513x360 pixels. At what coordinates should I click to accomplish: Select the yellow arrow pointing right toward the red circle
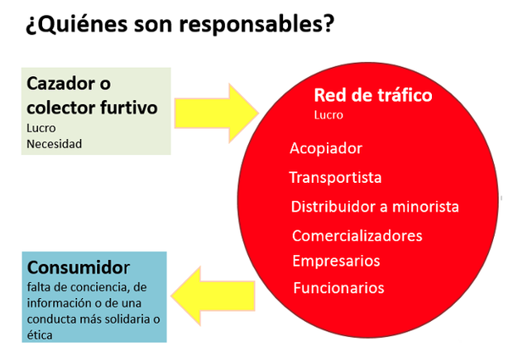tap(217, 113)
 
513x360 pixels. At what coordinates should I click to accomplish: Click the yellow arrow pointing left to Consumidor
tap(213, 296)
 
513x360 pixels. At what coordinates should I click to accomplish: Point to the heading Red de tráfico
tap(373, 95)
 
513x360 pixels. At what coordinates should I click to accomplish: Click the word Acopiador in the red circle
tap(326, 149)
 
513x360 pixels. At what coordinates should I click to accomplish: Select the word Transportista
tap(335, 178)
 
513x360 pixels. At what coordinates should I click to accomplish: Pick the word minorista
tap(425, 207)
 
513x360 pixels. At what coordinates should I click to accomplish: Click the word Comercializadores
tap(357, 236)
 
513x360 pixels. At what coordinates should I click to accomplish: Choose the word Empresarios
tap(336, 262)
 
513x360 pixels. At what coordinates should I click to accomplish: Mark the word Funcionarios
tap(338, 288)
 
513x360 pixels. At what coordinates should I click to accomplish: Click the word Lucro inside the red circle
tap(328, 115)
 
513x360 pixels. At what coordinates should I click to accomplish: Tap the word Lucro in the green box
tap(41, 128)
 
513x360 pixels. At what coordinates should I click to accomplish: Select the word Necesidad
tap(55, 144)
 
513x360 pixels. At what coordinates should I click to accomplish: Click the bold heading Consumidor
tap(79, 267)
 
